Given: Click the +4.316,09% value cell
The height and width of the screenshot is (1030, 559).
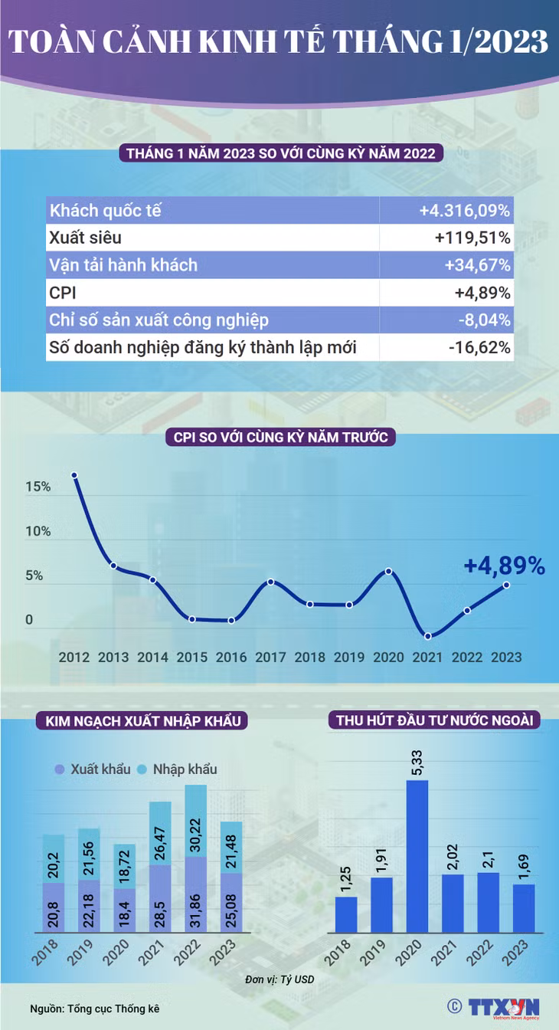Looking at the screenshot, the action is [464, 211].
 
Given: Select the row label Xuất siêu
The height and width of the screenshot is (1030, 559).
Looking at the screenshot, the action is [86, 238].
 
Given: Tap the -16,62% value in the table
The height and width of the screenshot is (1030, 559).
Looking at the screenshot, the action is [479, 347].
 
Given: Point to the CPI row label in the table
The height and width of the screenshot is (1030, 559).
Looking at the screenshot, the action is [63, 293].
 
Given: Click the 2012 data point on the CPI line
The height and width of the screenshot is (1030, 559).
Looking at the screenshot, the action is [74, 475].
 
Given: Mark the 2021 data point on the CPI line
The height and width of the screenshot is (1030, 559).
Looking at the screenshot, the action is [428, 636].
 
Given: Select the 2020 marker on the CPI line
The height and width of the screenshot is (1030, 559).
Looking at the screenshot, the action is [388, 571].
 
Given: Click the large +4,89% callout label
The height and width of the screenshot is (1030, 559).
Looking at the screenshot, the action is [505, 565].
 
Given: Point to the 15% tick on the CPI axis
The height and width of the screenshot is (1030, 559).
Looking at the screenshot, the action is [38, 487].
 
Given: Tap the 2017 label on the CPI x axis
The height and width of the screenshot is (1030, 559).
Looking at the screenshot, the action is [270, 657].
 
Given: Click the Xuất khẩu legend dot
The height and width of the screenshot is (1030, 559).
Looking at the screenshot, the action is [59, 769].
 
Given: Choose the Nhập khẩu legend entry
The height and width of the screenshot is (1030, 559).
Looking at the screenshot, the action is [178, 769].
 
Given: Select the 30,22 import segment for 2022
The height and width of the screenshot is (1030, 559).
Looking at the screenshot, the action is [196, 820].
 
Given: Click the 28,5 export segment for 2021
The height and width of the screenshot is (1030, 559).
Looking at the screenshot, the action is [160, 899].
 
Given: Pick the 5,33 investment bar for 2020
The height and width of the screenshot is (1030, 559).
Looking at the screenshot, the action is [417, 856].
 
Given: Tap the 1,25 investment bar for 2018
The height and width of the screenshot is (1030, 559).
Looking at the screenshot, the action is [346, 914].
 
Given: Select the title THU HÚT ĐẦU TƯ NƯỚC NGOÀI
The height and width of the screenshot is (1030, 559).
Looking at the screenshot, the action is [434, 720].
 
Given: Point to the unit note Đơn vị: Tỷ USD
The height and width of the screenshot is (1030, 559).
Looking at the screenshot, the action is [279, 979].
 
